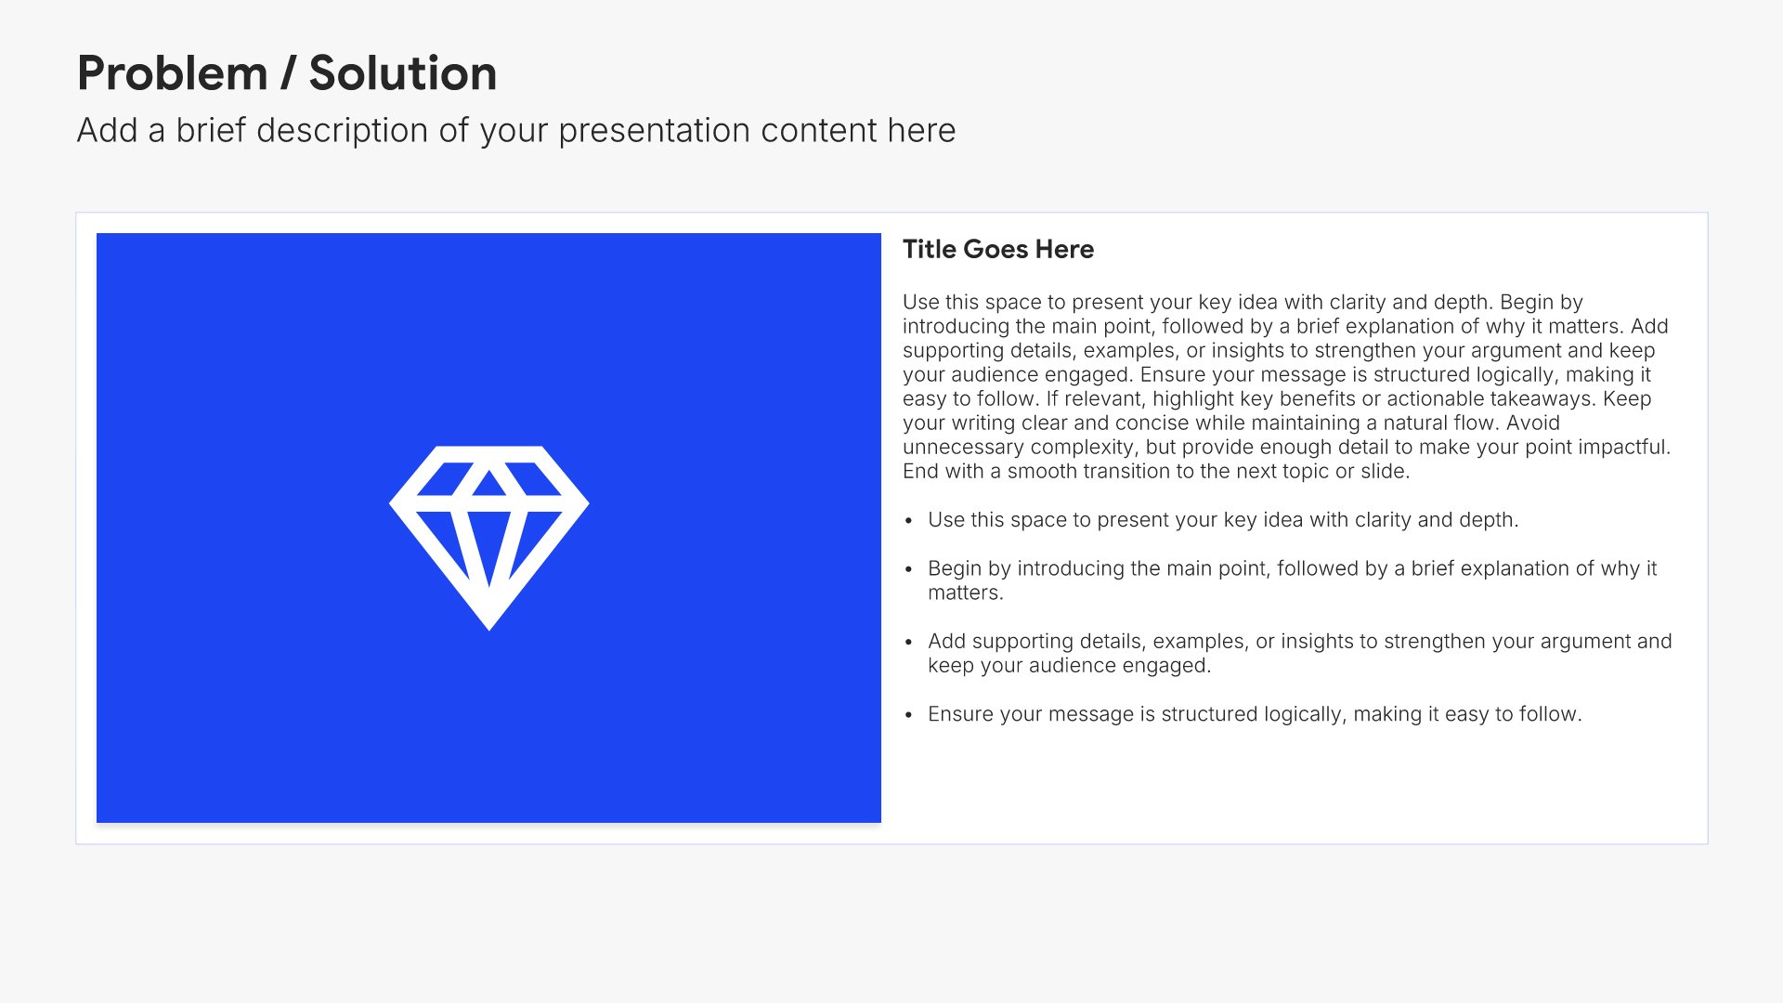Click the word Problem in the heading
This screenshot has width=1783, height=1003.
[173, 74]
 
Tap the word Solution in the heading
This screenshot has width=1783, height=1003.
[403, 73]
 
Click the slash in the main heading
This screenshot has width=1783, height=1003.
[288, 73]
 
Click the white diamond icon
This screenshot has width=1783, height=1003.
[489, 538]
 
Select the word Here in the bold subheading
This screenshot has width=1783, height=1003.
[1064, 249]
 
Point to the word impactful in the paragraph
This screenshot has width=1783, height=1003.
[1624, 447]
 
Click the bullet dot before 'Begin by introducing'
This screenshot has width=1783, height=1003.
[909, 569]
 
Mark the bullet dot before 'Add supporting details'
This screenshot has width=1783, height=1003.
[909, 642]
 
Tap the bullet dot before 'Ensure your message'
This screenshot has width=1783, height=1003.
[909, 715]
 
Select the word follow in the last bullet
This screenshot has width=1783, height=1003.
[1548, 714]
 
